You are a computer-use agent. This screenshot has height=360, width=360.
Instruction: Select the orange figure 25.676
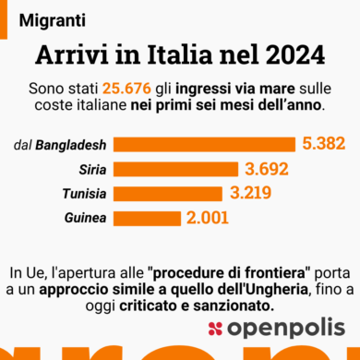point(133,88)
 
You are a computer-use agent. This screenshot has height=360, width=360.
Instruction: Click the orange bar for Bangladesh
point(204,144)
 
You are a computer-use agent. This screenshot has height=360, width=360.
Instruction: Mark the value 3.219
point(254,194)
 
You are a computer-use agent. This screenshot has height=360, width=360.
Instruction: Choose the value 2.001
point(211,219)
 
